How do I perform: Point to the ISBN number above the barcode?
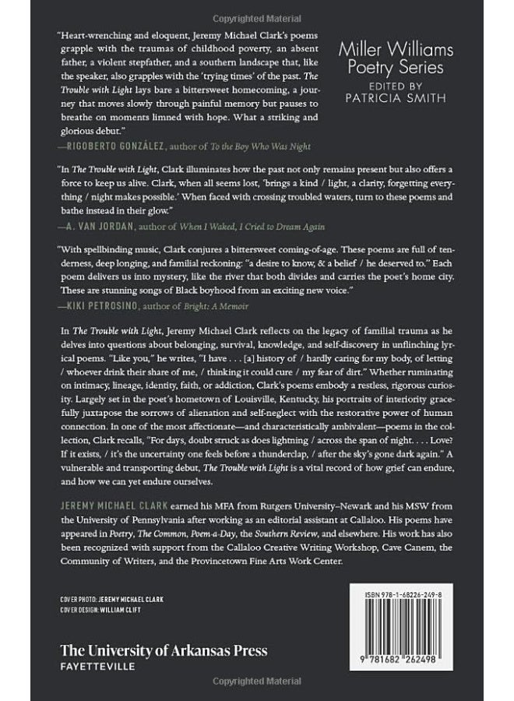point(407,594)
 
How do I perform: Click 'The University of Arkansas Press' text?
point(164,650)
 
